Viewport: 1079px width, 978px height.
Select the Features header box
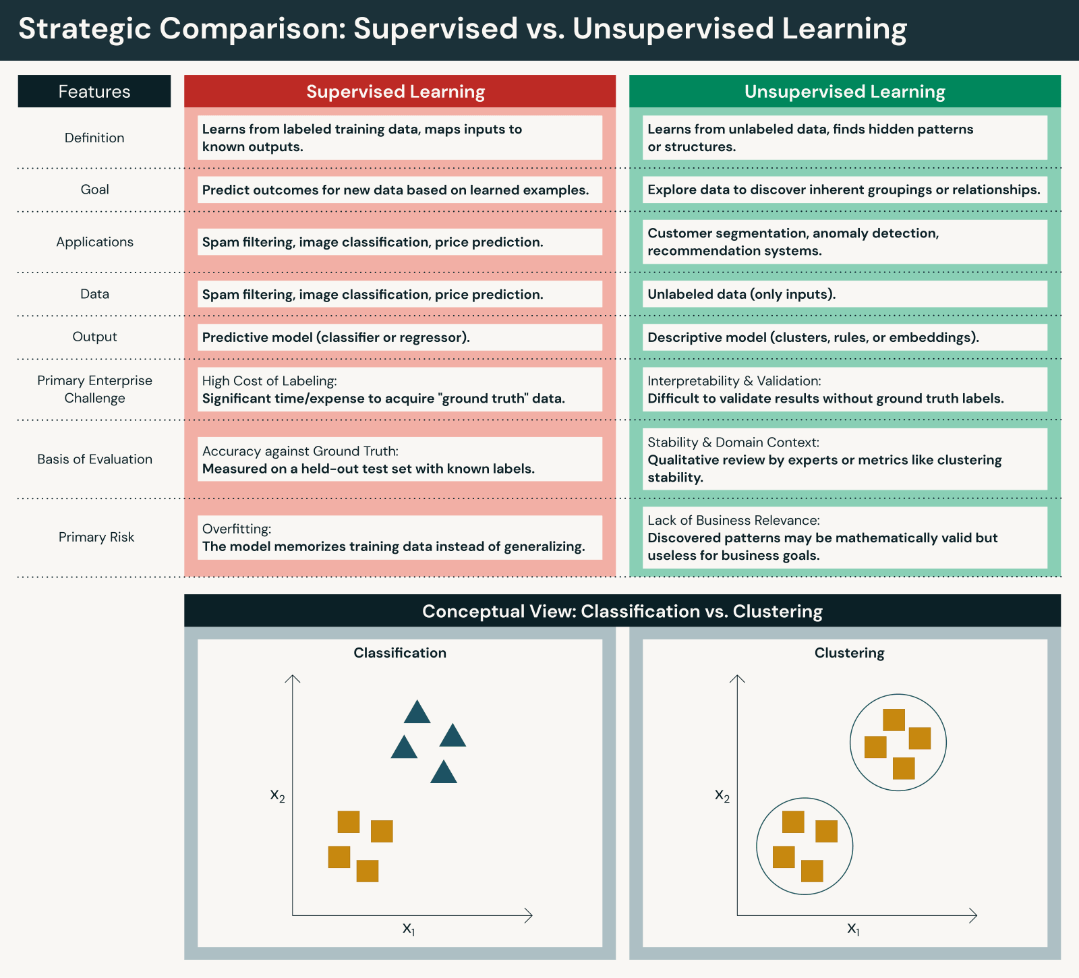click(x=94, y=91)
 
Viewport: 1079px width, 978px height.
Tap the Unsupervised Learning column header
click(x=844, y=91)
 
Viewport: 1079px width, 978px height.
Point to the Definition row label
click(x=94, y=138)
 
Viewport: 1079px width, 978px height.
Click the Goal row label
click(x=94, y=190)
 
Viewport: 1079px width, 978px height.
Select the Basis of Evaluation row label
click(x=94, y=459)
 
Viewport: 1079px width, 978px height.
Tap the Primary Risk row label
click(x=96, y=537)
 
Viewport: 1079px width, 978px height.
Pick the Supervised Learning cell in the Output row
click(x=399, y=337)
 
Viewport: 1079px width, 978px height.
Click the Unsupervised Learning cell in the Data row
click(x=844, y=294)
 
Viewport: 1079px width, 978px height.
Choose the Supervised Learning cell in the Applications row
click(x=399, y=242)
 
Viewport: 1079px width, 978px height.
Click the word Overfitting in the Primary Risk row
click(x=237, y=529)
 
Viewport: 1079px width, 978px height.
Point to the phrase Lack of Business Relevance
click(x=733, y=520)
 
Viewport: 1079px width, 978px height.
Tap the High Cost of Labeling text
click(x=269, y=381)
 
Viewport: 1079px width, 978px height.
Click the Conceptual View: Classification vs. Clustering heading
click(x=622, y=611)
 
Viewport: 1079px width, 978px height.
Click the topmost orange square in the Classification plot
click(x=349, y=822)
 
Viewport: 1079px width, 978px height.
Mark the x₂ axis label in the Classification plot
click(x=277, y=795)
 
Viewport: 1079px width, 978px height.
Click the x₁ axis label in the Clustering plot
click(x=853, y=929)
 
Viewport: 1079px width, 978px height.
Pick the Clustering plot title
click(x=849, y=653)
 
